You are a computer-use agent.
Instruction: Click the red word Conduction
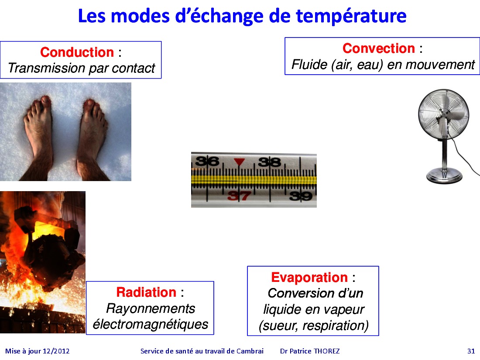[77, 52]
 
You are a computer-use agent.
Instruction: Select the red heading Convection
[379, 48]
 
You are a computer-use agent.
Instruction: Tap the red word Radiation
[146, 292]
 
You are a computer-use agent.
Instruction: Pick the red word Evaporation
[309, 278]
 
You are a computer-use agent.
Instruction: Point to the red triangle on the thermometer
[239, 161]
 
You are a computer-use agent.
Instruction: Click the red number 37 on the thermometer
[239, 196]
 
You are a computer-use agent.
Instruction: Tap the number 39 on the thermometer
[301, 196]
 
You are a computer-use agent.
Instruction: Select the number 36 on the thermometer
[207, 161]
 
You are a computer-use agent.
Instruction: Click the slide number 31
[471, 351]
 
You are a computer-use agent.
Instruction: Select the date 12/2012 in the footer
[56, 351]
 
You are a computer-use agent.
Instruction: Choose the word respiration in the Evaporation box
[336, 326]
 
